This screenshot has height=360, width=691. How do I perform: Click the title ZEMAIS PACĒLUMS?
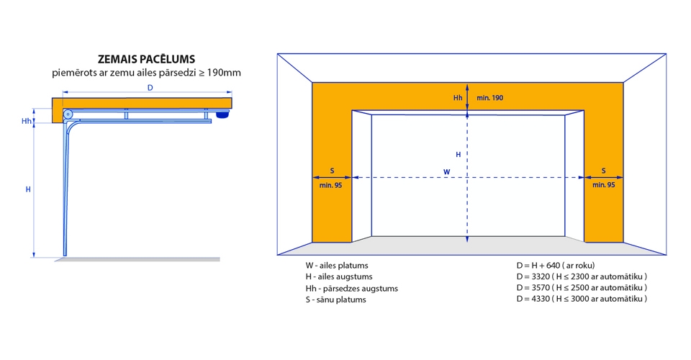[x=146, y=59]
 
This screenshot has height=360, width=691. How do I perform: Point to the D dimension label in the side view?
[x=150, y=88]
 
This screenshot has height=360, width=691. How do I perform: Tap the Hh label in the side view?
[x=27, y=121]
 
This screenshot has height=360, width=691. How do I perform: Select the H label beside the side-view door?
[x=28, y=189]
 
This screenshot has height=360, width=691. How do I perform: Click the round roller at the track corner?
[x=68, y=114]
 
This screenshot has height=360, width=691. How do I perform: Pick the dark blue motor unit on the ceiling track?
[x=222, y=114]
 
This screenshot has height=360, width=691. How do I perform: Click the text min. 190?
[x=489, y=98]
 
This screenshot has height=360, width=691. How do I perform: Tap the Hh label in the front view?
[x=458, y=98]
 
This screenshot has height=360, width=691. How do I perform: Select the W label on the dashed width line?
[x=446, y=172]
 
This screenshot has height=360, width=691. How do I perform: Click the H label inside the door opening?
[x=459, y=154]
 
